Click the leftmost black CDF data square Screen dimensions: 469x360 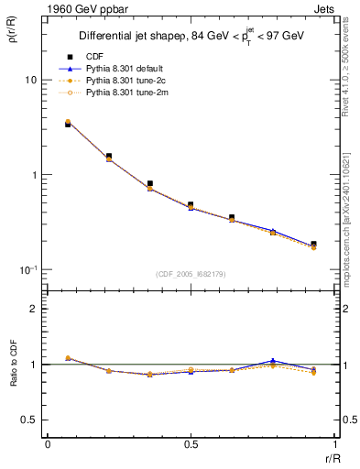(68, 124)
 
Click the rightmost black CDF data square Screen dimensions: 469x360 (313, 244)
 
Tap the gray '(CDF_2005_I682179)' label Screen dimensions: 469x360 (190, 274)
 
